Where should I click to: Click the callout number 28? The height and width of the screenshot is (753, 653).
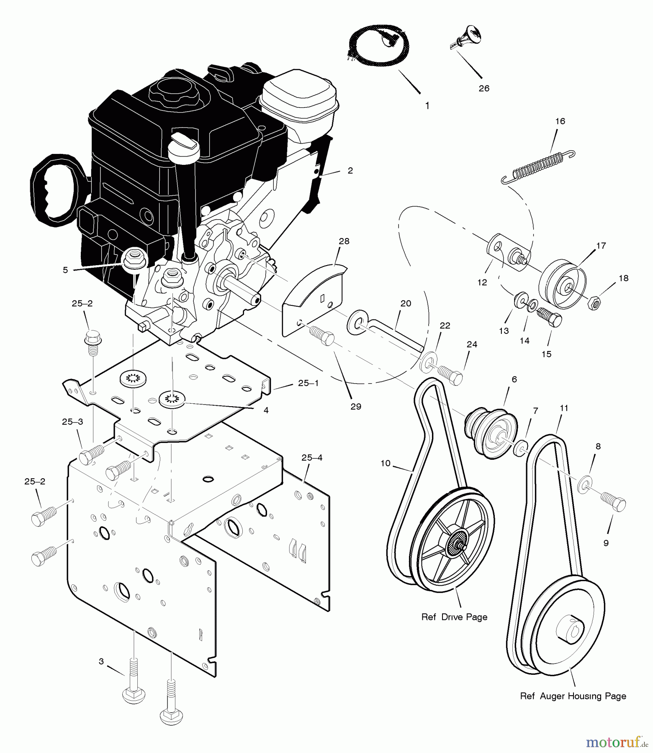(344, 241)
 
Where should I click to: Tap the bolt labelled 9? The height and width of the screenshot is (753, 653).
(614, 501)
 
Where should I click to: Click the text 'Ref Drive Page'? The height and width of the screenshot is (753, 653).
(454, 617)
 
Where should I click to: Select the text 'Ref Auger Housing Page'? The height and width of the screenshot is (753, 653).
(573, 697)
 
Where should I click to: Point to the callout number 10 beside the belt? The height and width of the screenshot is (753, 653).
(386, 463)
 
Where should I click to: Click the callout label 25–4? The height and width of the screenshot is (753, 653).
(312, 458)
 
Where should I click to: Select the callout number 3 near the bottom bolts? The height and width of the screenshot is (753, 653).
(101, 661)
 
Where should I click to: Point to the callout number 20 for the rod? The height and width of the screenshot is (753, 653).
(406, 303)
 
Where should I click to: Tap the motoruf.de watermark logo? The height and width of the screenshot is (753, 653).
(615, 742)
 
